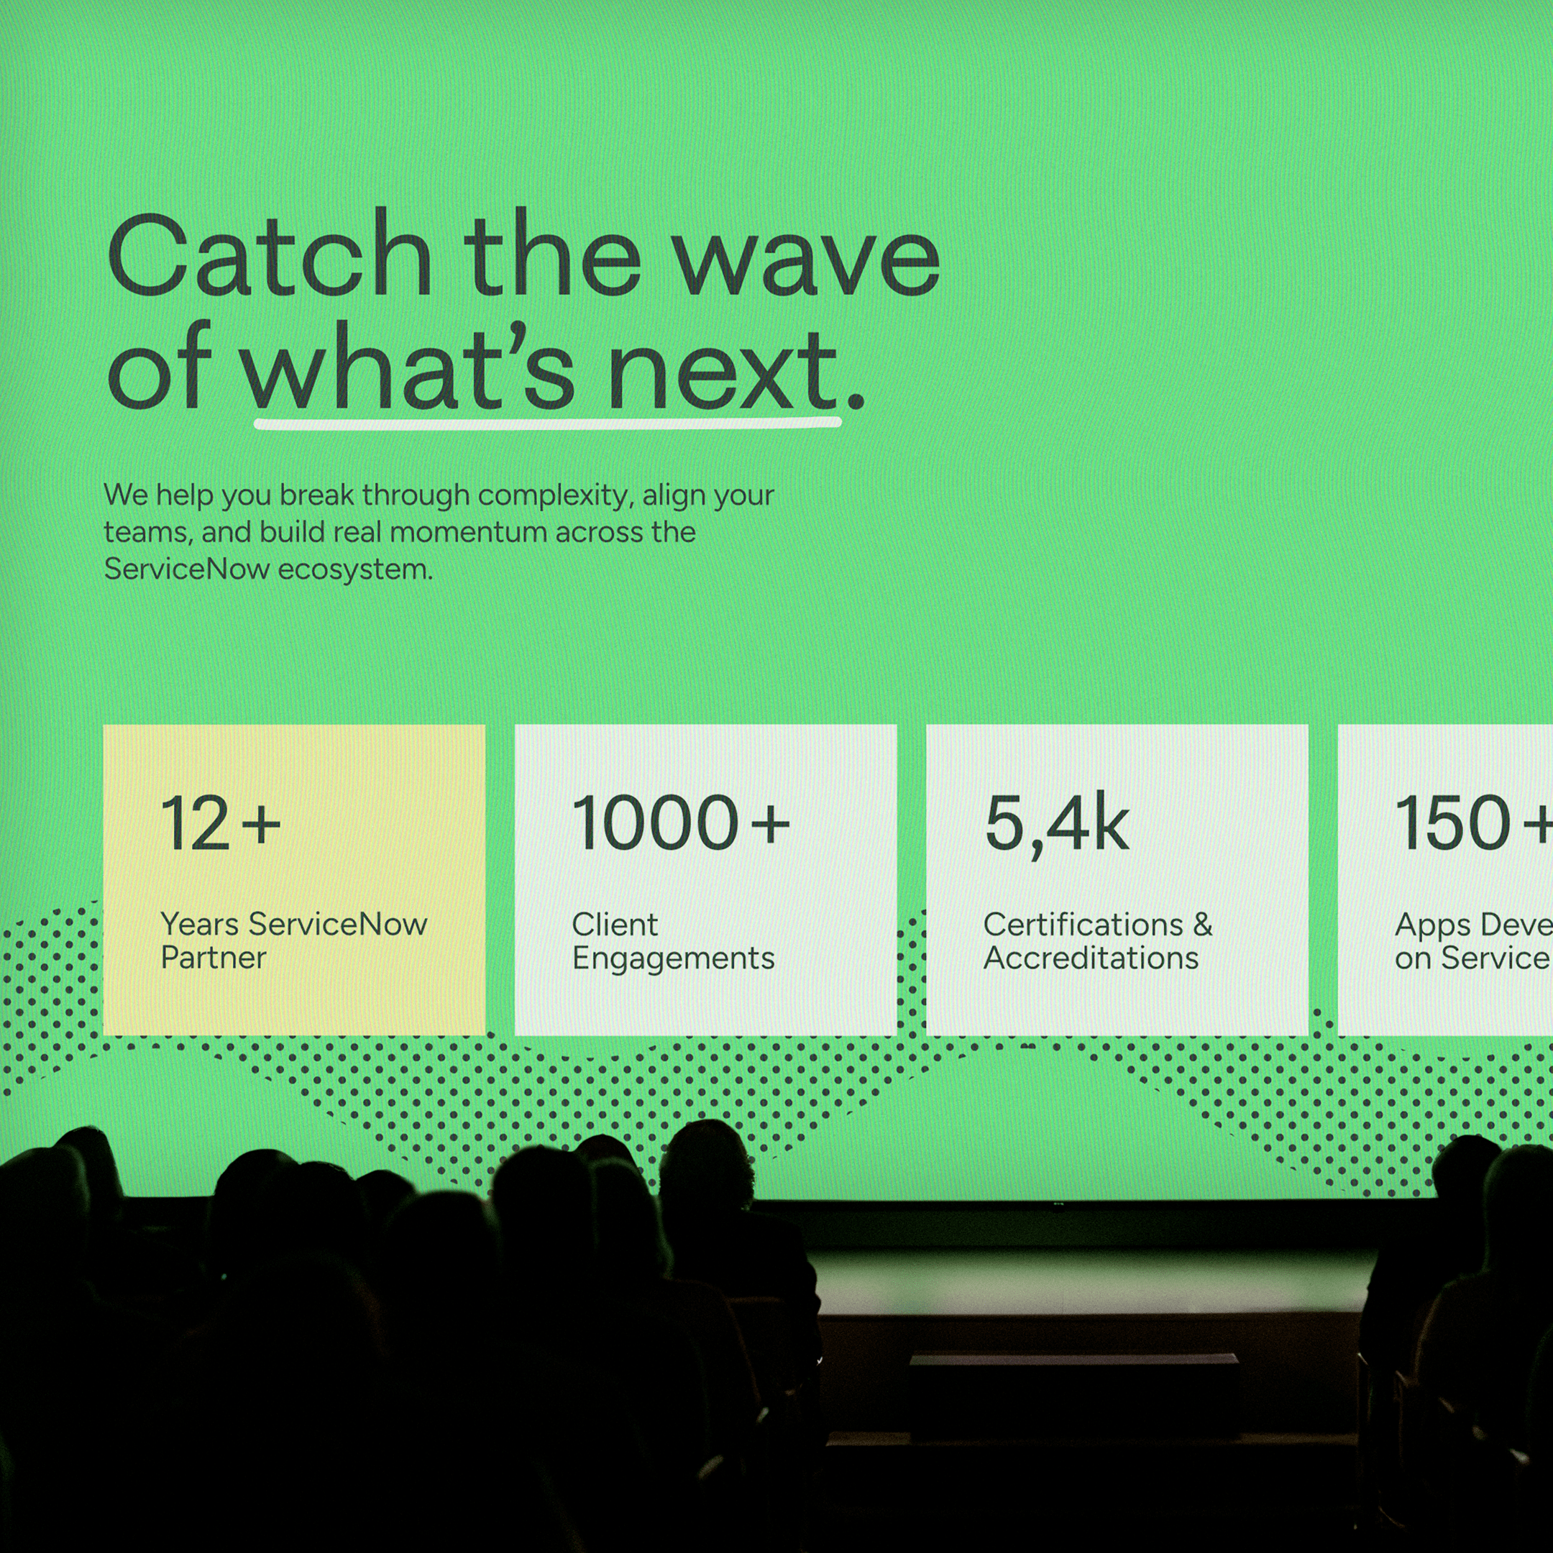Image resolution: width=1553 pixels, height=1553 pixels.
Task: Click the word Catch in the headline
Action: click(270, 256)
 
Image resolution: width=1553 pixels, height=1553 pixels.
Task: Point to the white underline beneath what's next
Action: click(546, 423)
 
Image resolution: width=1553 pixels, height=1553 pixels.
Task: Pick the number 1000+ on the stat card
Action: click(680, 823)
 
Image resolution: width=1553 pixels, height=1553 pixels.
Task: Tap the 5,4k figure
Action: click(1056, 825)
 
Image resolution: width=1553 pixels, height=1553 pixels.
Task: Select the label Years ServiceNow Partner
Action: click(293, 940)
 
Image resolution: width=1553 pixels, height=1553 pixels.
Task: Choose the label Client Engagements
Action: click(673, 940)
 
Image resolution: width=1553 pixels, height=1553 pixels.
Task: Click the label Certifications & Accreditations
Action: click(1097, 940)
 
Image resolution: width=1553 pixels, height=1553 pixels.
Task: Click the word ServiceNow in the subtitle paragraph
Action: click(186, 569)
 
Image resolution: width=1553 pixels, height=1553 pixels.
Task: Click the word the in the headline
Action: click(551, 256)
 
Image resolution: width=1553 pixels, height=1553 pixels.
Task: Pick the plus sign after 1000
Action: click(770, 825)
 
